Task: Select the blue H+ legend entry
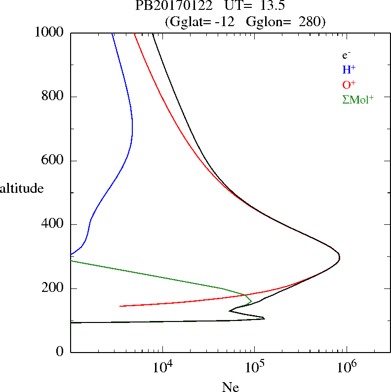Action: (349, 70)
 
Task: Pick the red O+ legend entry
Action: (350, 84)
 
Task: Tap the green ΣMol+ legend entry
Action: (358, 99)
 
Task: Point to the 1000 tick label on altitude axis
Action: (50, 33)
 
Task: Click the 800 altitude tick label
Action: (54, 97)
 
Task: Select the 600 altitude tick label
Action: (54, 161)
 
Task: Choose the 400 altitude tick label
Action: (54, 224)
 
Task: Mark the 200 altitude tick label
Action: (54, 288)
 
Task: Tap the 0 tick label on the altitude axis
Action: (61, 352)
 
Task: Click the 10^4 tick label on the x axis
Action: (162, 367)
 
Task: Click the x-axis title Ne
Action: (230, 387)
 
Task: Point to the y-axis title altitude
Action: (22, 188)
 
